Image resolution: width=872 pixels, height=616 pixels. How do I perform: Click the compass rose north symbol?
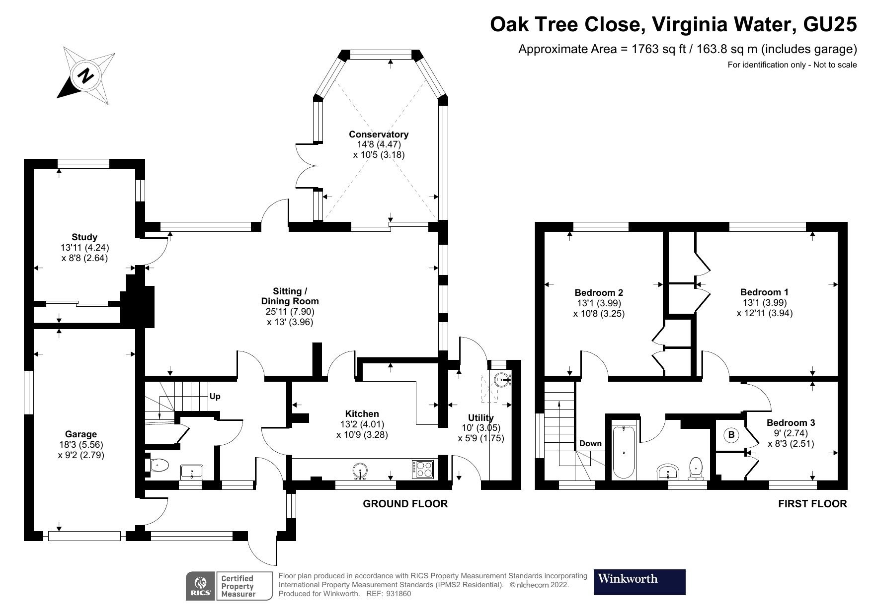[x=86, y=76]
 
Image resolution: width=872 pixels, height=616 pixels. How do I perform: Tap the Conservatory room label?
[x=379, y=135]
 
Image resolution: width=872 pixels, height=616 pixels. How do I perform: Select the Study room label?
[x=84, y=237]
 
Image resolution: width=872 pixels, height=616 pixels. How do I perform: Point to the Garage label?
[x=81, y=434]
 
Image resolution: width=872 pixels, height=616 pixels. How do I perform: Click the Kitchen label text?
[x=362, y=414]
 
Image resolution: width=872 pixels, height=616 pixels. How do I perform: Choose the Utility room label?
[x=480, y=418]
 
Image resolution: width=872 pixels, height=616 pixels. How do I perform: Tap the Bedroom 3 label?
[x=791, y=423]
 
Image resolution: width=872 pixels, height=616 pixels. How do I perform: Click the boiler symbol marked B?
[x=731, y=435]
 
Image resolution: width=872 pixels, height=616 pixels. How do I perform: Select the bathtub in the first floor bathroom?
[x=624, y=452]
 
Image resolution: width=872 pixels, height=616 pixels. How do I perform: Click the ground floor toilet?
[x=159, y=466]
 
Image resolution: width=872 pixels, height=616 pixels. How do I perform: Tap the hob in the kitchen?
[x=422, y=469]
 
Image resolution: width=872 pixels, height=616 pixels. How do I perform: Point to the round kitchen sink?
[x=360, y=470]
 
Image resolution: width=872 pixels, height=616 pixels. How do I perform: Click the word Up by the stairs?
[x=215, y=397]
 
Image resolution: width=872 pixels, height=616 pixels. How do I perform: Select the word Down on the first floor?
[x=590, y=443]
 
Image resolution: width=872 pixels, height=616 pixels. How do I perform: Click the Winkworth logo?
[x=639, y=582]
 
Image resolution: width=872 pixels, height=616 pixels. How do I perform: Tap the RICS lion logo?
[x=201, y=586]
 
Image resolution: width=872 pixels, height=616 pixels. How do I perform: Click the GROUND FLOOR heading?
[x=405, y=504]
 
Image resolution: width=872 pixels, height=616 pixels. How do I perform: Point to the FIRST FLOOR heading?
[x=812, y=504]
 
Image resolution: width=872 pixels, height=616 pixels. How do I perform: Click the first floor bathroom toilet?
[x=696, y=468]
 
